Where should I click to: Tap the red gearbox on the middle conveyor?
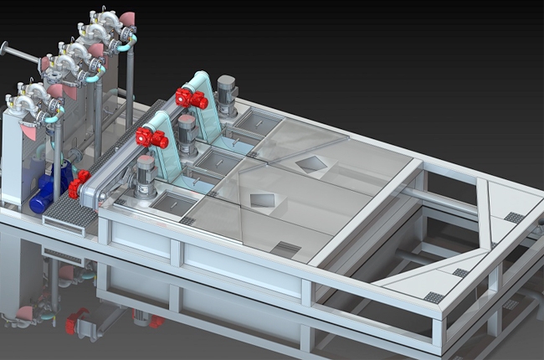pos(151,136)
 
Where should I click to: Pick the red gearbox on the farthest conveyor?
pos(191,98)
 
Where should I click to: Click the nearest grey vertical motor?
pos(146,176)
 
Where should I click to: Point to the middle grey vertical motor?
pos(187,132)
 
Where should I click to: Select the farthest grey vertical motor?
pos(226,92)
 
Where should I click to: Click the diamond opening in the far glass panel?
pos(311,164)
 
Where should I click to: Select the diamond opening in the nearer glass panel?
pos(262,199)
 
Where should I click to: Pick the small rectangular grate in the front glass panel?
pos(285,249)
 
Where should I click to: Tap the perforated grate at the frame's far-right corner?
pos(514,217)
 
